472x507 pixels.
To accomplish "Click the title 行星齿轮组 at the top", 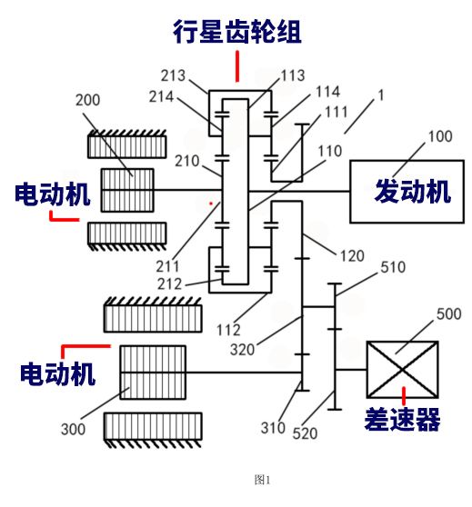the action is [x=237, y=32].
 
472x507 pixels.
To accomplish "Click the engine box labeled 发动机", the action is [x=407, y=192].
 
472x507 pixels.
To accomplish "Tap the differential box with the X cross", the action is [x=402, y=369].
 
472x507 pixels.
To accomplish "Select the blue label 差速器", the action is [x=402, y=420].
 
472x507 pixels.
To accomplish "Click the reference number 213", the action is [x=173, y=75].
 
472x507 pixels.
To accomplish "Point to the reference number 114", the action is [x=327, y=92].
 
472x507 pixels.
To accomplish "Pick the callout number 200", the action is [x=87, y=100].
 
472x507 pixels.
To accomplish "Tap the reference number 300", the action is [x=73, y=430].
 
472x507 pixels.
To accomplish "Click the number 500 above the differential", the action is [x=448, y=314].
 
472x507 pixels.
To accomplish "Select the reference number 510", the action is [x=393, y=267].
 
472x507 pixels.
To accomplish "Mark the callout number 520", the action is [x=305, y=433].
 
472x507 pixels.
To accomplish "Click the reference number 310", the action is [x=273, y=428].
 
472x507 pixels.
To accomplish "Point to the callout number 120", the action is [x=352, y=256].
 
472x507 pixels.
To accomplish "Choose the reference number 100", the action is [x=440, y=136].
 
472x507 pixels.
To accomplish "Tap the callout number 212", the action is [x=169, y=284].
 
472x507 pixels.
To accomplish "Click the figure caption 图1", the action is [x=262, y=480].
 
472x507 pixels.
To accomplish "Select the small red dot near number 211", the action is [x=211, y=204].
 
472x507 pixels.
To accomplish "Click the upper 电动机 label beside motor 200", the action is [x=52, y=194].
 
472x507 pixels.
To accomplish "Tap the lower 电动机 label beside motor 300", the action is [x=57, y=374].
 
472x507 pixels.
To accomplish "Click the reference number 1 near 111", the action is [x=381, y=95].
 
